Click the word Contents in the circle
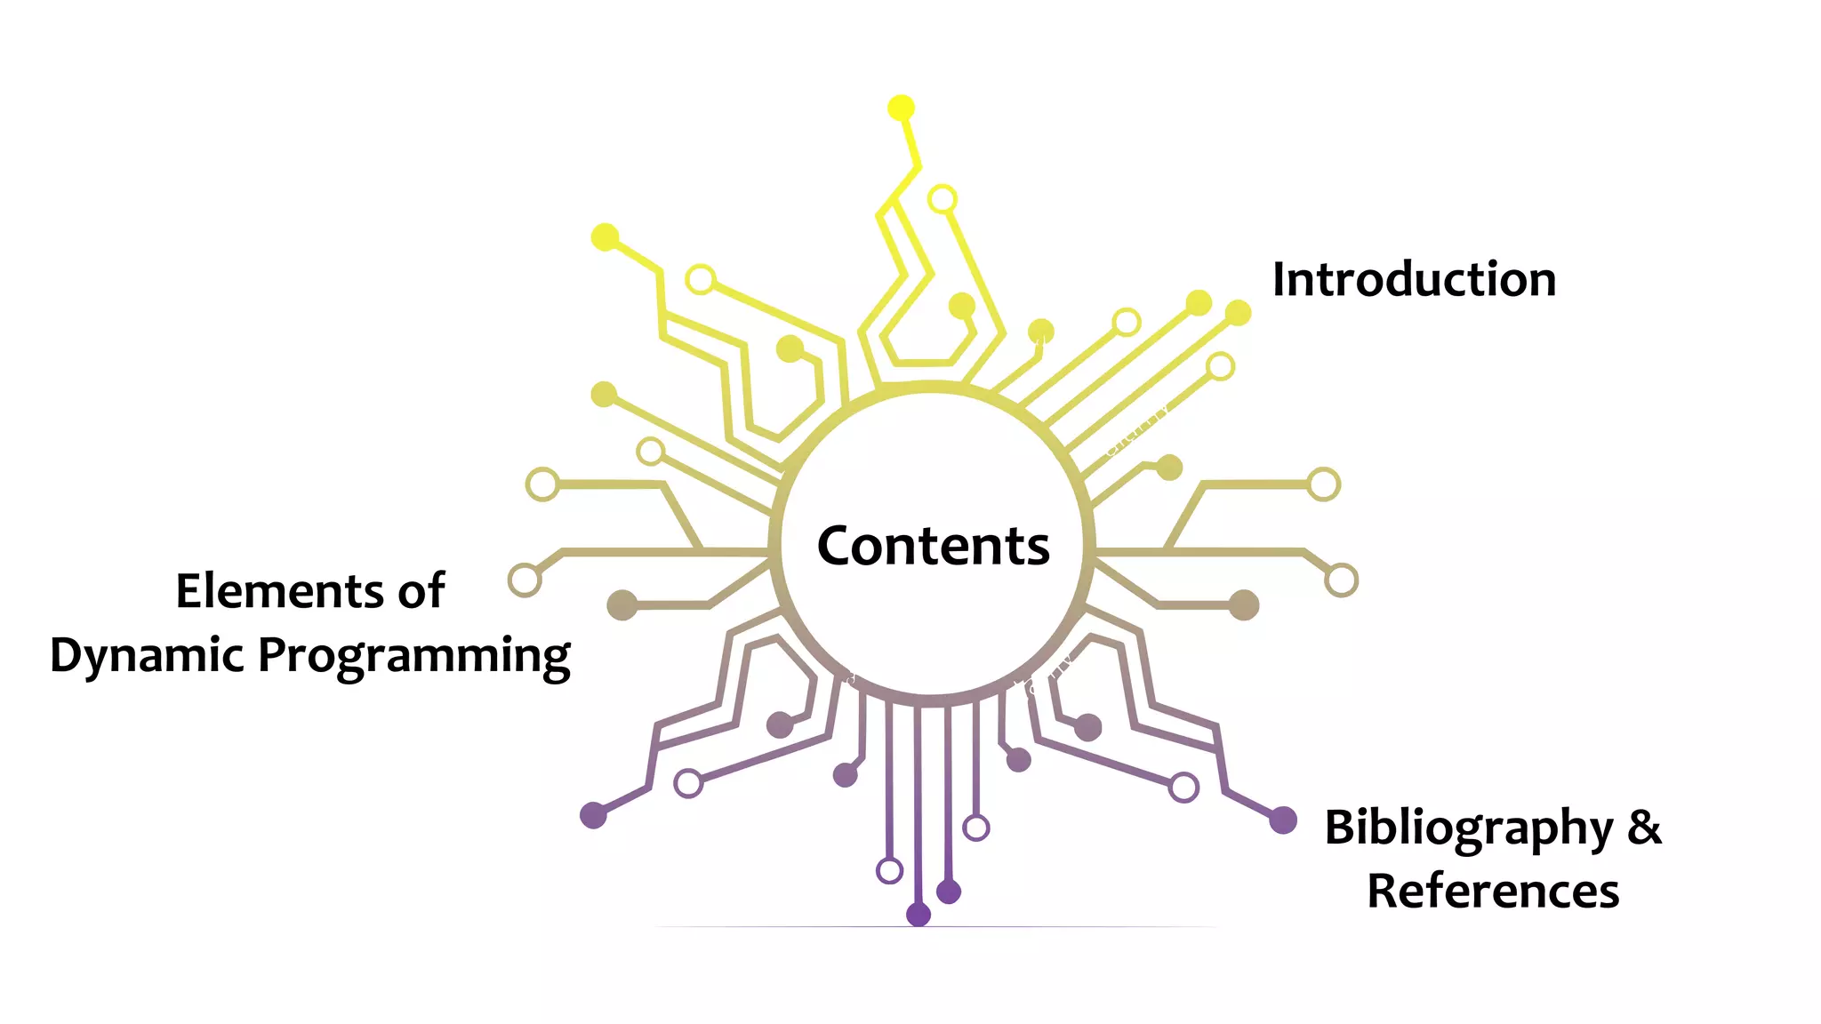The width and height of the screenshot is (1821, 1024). pyautogui.click(x=933, y=545)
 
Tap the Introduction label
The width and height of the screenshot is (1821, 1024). pyautogui.click(x=1414, y=279)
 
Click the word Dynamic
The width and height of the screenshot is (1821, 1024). pyautogui.click(x=147, y=656)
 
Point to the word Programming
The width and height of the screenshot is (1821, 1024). pyautogui.click(x=414, y=656)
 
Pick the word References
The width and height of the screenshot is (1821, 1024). pyautogui.click(x=1493, y=891)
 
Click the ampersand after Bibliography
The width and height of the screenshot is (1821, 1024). pyautogui.click(x=1644, y=827)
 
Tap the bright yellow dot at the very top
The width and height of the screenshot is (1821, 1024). pyautogui.click(x=901, y=108)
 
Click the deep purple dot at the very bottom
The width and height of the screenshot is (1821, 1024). pyautogui.click(x=919, y=914)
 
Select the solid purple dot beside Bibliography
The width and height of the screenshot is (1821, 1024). pyautogui.click(x=1282, y=820)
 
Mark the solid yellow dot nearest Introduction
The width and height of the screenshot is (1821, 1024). pyautogui.click(x=1238, y=313)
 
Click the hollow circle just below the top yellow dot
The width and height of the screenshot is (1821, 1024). pyautogui.click(x=943, y=199)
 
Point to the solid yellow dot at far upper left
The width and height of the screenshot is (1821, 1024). pyautogui.click(x=606, y=237)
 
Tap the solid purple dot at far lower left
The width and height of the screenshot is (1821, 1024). pyautogui.click(x=593, y=814)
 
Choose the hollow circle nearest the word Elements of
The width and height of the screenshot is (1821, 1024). pyautogui.click(x=525, y=580)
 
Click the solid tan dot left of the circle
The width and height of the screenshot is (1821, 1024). pyautogui.click(x=622, y=605)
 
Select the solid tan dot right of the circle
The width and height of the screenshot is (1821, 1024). pyautogui.click(x=1244, y=605)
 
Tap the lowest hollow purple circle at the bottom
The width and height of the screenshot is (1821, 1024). pyautogui.click(x=889, y=870)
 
